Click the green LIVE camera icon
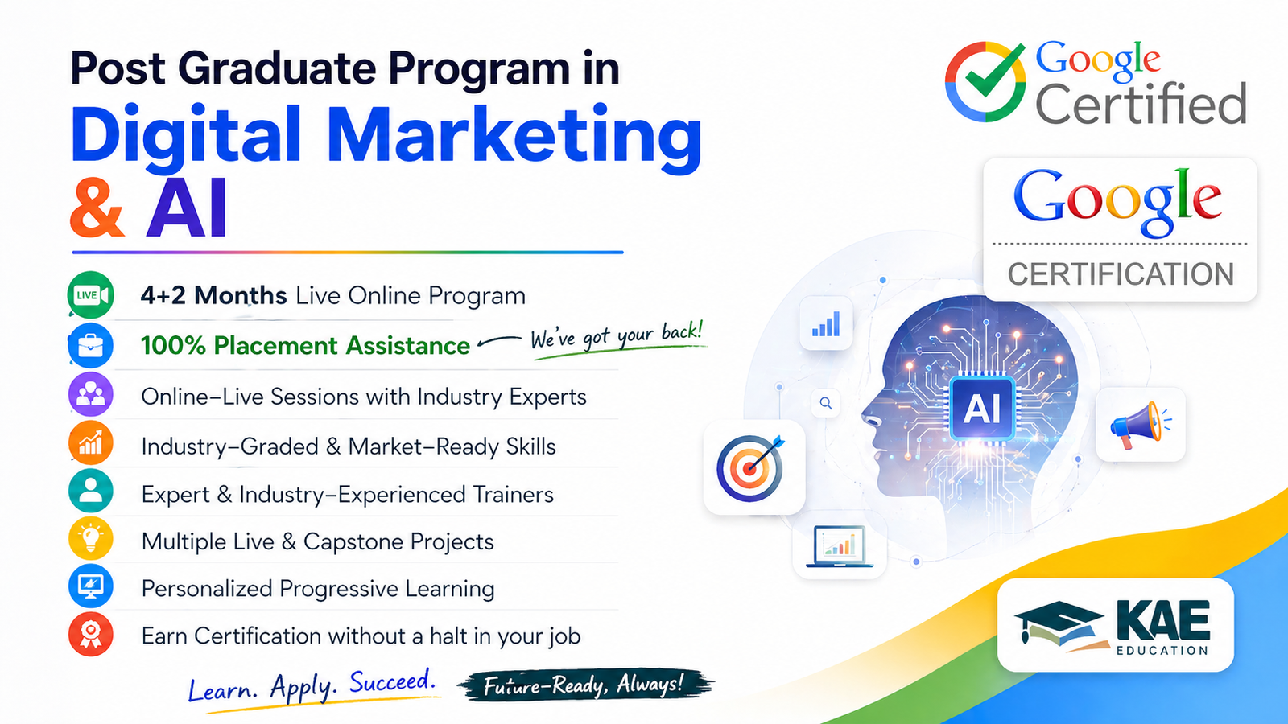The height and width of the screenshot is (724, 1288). click(90, 295)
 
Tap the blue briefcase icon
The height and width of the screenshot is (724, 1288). click(90, 345)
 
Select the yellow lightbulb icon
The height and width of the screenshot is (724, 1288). click(90, 539)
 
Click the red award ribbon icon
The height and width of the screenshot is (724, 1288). click(90, 634)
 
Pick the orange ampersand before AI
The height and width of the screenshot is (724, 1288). click(97, 209)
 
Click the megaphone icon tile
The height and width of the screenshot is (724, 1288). click(1140, 424)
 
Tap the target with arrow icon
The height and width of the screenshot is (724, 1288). click(753, 467)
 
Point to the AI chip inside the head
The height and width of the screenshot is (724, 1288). click(982, 408)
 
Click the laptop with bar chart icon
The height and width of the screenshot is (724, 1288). click(839, 547)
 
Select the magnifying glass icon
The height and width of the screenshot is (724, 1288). click(826, 403)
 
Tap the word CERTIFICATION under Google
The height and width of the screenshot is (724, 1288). click(1121, 274)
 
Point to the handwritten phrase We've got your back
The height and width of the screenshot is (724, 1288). click(617, 336)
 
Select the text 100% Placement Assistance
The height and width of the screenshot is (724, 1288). click(305, 345)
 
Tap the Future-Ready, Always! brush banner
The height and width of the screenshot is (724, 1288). click(584, 685)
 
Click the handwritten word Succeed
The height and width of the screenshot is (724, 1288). click(392, 683)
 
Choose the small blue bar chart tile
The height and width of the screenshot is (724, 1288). click(826, 324)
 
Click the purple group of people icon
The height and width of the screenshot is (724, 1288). click(90, 394)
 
